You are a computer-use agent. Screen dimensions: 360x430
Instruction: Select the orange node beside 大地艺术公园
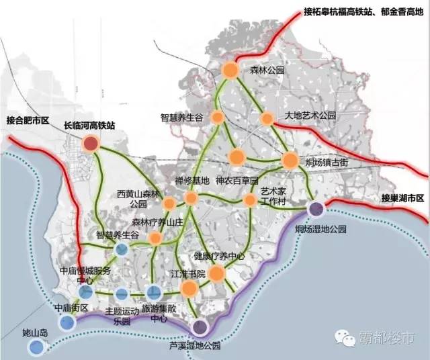[x=267, y=118]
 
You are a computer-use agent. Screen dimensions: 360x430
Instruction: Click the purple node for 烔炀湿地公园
[x=316, y=209]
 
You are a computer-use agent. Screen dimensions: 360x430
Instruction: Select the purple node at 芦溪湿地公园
[x=200, y=327]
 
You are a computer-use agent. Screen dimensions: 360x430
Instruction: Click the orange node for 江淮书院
[x=189, y=289]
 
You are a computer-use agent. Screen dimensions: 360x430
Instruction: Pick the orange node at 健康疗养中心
[x=216, y=273]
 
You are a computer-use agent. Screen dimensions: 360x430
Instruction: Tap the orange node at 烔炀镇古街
[x=290, y=160]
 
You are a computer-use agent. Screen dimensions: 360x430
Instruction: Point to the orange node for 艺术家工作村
[x=250, y=200]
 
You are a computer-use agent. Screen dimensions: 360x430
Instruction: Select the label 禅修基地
[x=192, y=180]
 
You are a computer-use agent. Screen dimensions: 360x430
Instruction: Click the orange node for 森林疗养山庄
[x=155, y=238]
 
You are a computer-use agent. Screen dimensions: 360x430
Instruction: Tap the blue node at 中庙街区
[x=67, y=322]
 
